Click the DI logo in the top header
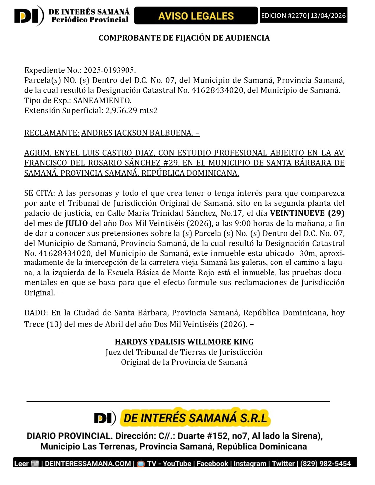29,16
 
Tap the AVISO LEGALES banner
196,16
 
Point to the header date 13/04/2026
328,16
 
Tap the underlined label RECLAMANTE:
52,133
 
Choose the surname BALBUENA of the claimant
171,133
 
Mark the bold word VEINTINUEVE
297,213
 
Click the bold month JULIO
76,223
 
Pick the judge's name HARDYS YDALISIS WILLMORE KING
184,342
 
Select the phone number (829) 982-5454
326,464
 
